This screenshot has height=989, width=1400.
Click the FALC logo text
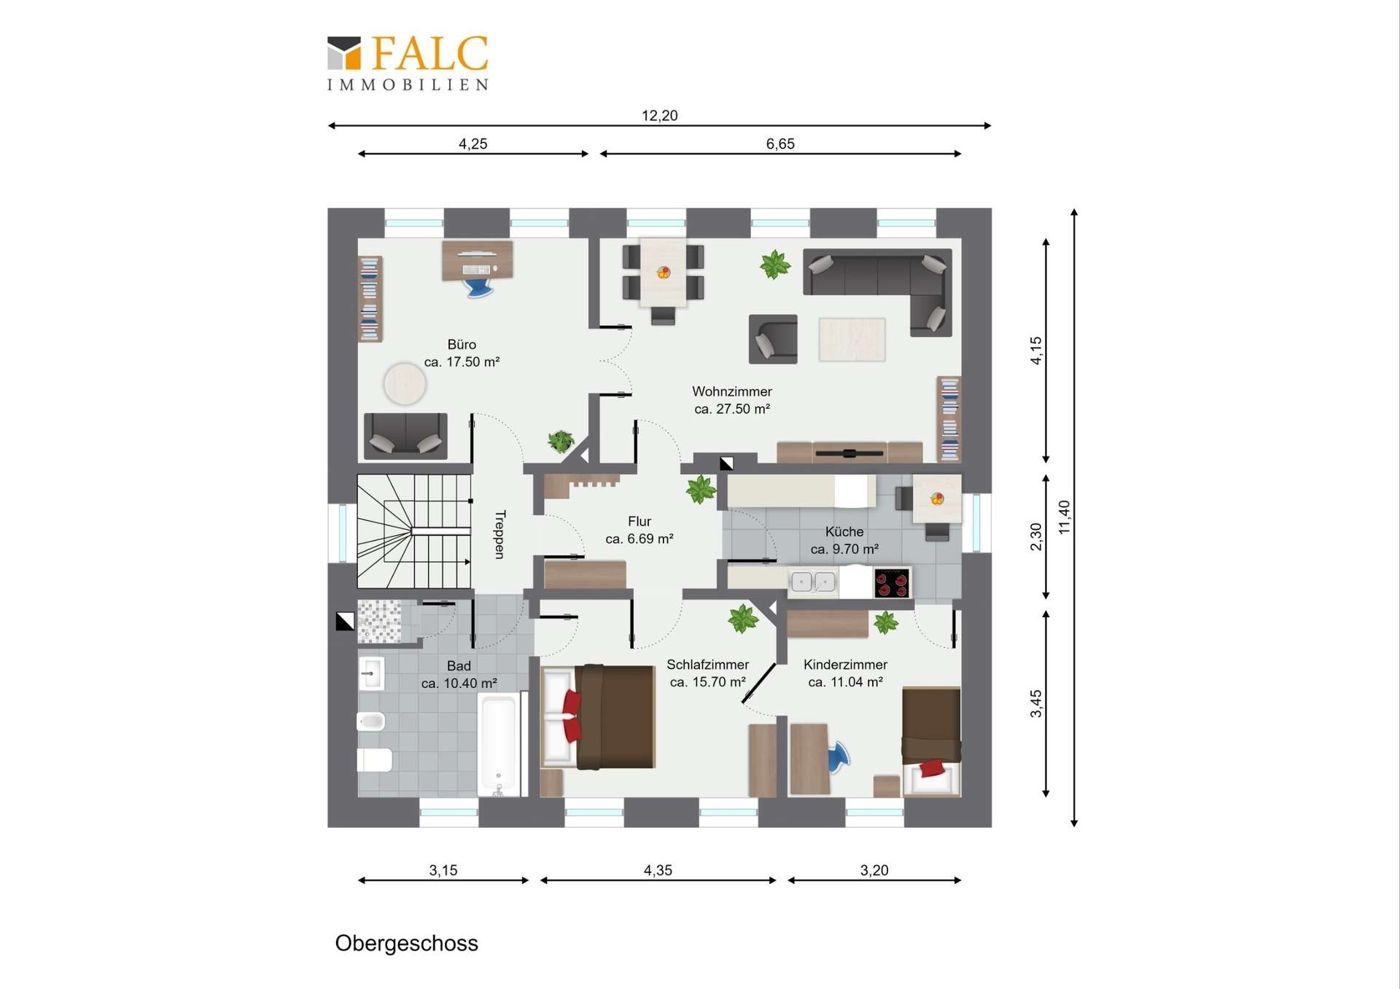pos(429,53)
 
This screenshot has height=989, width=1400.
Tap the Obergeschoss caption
pos(406,943)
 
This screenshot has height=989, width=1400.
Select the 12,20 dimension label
pos(659,115)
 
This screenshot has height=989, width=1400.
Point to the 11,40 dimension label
pos(1064,517)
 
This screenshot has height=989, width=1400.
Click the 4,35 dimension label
pos(658,870)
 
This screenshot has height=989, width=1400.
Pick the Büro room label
pos(462,344)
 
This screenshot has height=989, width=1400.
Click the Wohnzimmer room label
pos(731,391)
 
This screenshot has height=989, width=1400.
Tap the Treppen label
pos(499,534)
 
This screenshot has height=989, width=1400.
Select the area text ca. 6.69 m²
pos(639,539)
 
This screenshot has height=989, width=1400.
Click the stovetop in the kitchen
pos(892,583)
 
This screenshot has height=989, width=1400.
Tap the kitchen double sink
pos(813,582)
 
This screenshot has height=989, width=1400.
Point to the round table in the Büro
pos(405,383)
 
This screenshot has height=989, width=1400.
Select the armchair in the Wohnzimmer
pos(773,339)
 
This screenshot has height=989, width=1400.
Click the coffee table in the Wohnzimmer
pos(852,340)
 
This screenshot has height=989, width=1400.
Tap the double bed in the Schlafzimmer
pos(598,717)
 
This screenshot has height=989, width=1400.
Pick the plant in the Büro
pos(560,441)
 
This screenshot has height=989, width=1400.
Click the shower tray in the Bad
pos(379,622)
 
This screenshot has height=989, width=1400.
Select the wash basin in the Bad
pos(371,673)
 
